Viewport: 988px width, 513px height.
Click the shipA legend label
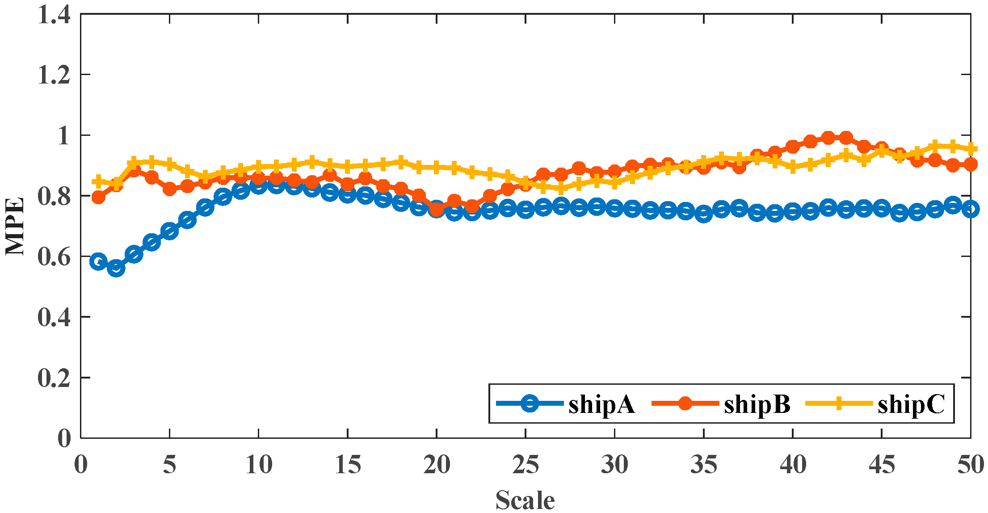pyautogui.click(x=601, y=404)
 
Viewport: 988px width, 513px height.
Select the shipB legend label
pyautogui.click(x=757, y=404)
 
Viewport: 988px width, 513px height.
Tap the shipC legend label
pyautogui.click(x=911, y=404)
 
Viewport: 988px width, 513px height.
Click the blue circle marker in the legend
pyautogui.click(x=530, y=403)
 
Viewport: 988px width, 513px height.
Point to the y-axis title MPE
pyautogui.click(x=15, y=227)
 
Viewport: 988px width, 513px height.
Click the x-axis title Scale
pyautogui.click(x=525, y=500)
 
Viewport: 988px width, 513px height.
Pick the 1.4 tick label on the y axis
pyautogui.click(x=54, y=14)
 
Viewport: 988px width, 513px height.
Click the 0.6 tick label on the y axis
pyautogui.click(x=54, y=257)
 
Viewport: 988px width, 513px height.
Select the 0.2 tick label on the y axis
pyautogui.click(x=54, y=378)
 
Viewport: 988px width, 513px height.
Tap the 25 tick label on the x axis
pyautogui.click(x=526, y=465)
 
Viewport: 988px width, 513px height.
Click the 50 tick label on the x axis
pyautogui.click(x=971, y=465)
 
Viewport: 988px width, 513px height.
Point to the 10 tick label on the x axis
pyautogui.click(x=259, y=465)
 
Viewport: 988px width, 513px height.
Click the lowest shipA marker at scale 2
pyautogui.click(x=116, y=268)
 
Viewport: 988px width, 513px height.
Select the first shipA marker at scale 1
pyautogui.click(x=98, y=261)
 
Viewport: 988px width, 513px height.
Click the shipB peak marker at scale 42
pyautogui.click(x=828, y=138)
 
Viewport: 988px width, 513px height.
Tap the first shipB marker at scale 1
pyautogui.click(x=98, y=197)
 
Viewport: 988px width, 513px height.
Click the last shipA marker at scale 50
pyautogui.click(x=971, y=209)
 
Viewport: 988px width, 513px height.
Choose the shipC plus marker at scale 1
pyautogui.click(x=98, y=181)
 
